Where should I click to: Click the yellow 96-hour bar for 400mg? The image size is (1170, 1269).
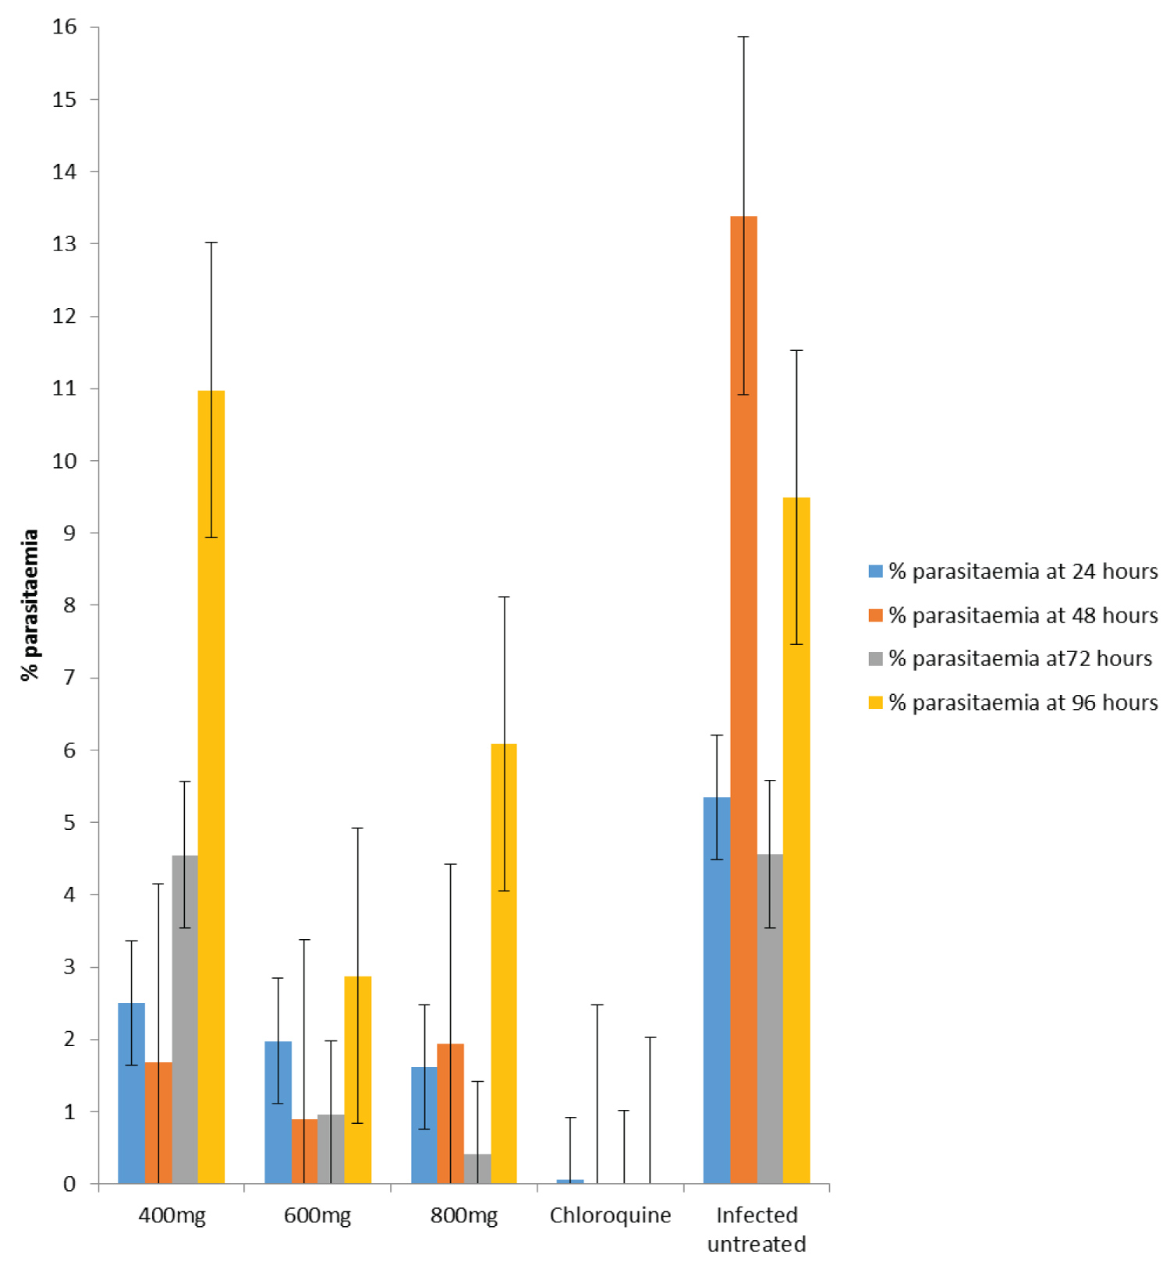tap(211, 788)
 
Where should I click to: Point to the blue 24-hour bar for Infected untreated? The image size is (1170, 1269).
tap(717, 991)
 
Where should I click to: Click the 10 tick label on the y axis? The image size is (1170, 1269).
tap(66, 461)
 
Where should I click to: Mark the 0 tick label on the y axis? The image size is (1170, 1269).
tap(70, 1184)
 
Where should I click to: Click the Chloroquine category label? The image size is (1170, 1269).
tap(610, 1216)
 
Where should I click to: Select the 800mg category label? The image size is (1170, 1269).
tap(464, 1216)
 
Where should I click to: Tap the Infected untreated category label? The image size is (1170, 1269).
tap(757, 1229)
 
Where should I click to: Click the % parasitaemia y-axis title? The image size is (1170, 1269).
tap(30, 605)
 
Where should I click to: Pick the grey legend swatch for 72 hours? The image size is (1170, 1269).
tap(876, 659)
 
